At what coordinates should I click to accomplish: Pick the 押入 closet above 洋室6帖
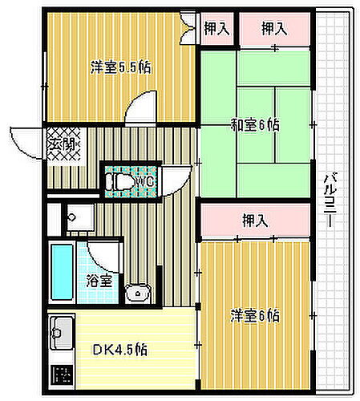tap(255, 220)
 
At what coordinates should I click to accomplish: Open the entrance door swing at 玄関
tap(26, 143)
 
